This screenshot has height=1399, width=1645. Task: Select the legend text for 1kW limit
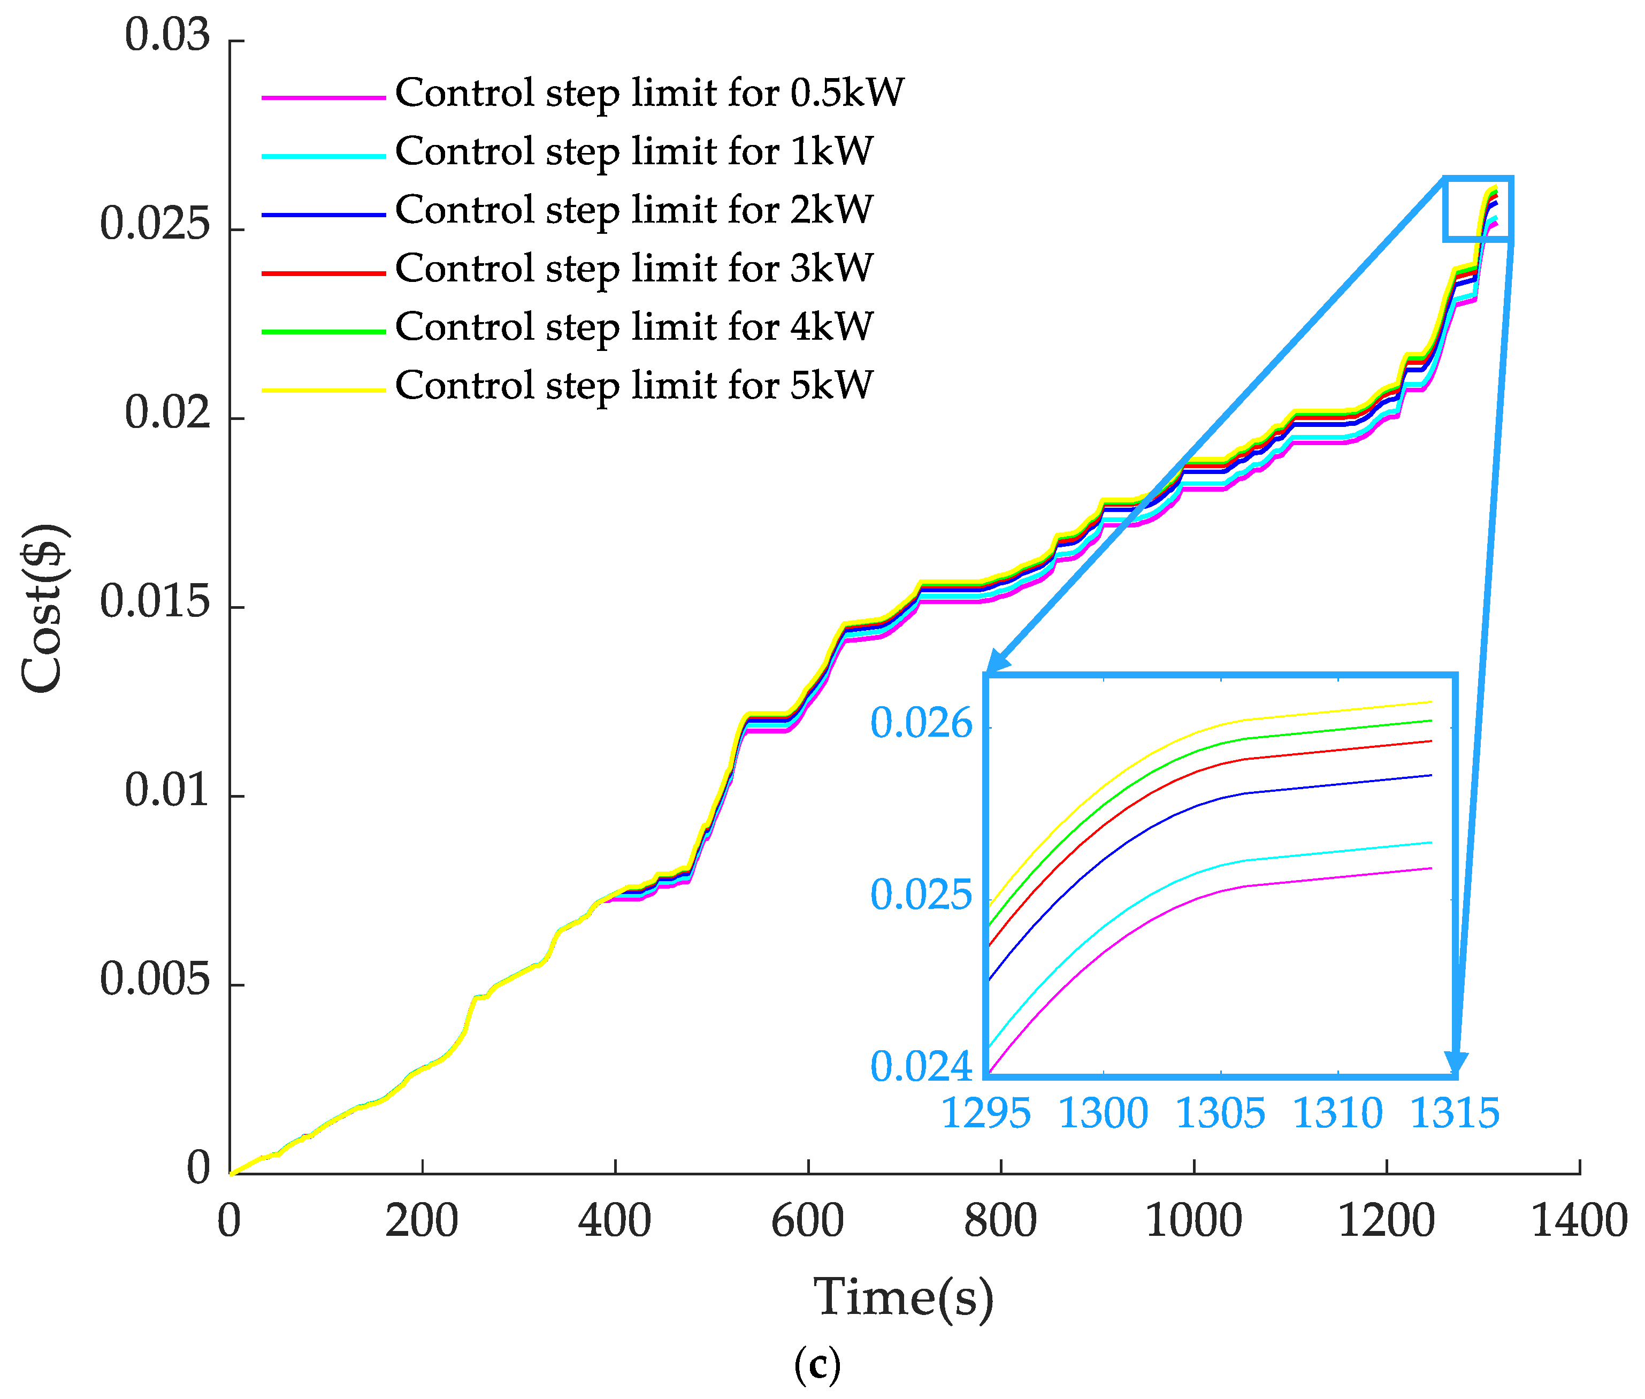634,151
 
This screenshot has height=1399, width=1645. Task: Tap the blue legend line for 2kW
324,215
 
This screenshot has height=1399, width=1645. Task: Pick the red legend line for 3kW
324,273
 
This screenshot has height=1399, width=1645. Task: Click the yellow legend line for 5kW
324,390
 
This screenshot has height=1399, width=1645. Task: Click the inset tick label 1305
1220,1113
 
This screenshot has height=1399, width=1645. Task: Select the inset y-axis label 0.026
921,723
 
